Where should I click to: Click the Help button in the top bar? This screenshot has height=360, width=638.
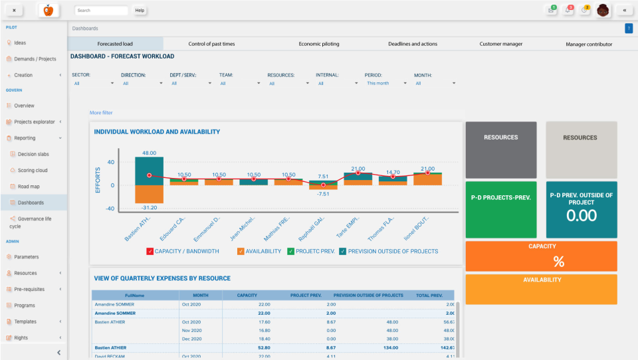coord(140,11)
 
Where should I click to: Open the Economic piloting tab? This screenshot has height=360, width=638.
coord(319,44)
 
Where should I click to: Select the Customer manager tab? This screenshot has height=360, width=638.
coord(500,44)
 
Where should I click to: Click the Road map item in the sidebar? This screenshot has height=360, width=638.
coord(29,187)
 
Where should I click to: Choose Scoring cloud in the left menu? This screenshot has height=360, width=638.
coord(33,170)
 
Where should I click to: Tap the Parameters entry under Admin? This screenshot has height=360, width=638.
coord(26,256)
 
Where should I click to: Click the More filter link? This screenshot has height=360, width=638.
coord(101,113)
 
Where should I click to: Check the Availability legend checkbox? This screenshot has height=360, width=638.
coord(241,251)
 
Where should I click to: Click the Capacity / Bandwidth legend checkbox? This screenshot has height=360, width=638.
coord(150,251)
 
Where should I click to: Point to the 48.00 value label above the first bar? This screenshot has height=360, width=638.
coord(149,153)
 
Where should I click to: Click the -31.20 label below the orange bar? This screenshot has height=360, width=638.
coord(149,207)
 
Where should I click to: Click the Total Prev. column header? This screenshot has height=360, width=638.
coord(429,295)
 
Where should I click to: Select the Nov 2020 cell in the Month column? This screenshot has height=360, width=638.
coord(191,330)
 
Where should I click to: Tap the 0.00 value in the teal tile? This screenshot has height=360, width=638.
coord(582,215)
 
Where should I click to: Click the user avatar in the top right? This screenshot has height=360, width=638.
coord(603,11)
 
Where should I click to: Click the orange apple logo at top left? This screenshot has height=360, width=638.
coord(47,11)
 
